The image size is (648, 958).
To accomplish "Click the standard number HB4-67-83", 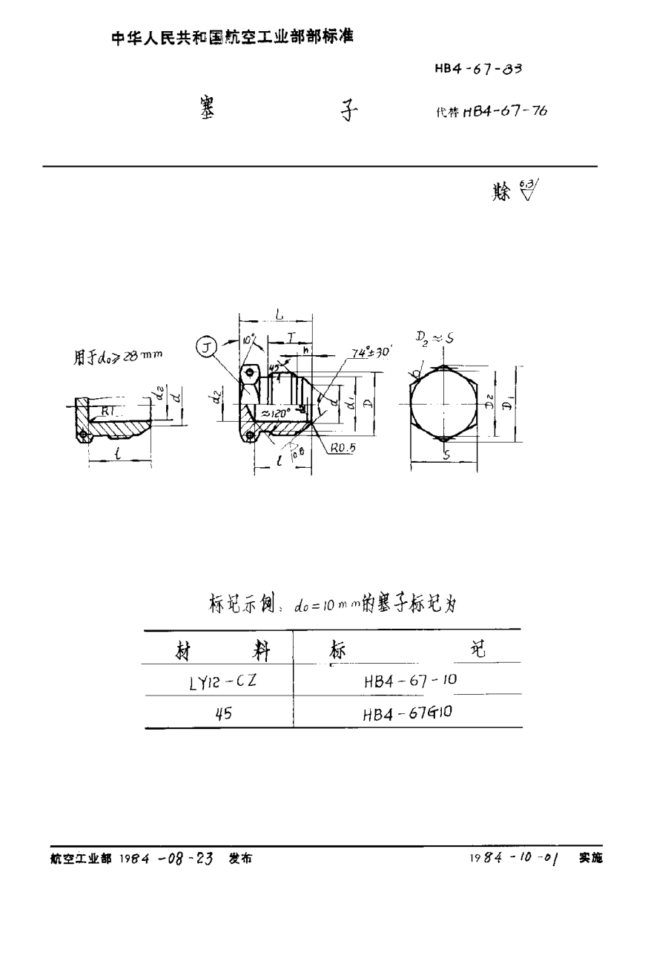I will click(x=478, y=70).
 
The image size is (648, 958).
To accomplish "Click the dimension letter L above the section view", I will click(x=277, y=315).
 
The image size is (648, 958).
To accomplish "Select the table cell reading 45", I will click(x=222, y=714).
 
